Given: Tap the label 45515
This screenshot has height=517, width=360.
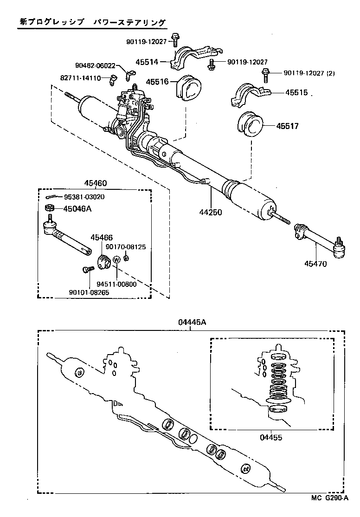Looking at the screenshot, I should coord(297,93).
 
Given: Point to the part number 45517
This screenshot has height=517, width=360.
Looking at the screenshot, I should coord(289,126).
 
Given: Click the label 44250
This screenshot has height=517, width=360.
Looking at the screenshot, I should coord(211,213).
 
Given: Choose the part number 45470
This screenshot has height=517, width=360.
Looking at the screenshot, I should coord(315,264).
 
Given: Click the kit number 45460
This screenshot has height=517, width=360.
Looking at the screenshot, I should coord(95,183).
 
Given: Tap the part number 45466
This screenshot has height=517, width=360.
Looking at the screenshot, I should coord(102,238).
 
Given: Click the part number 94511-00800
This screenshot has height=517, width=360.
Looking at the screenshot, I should coord(117,284).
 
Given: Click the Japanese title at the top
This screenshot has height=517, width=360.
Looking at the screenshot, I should coord(92,22).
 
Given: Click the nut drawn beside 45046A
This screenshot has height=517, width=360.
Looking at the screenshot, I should coord(49,208).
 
